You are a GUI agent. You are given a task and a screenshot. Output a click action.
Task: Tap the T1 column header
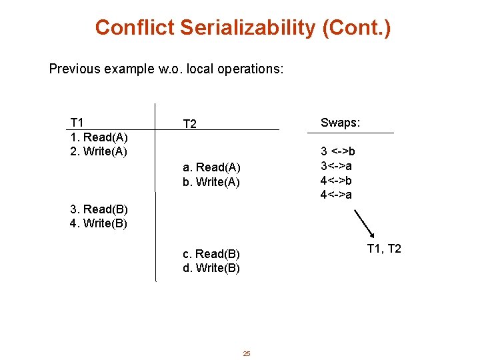(77, 122)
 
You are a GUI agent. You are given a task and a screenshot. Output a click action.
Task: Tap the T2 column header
(189, 124)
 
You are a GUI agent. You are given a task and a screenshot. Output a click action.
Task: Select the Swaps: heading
(340, 122)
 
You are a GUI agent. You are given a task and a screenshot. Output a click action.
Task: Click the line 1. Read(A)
(99, 136)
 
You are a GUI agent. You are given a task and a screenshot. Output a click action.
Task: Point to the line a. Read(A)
(211, 167)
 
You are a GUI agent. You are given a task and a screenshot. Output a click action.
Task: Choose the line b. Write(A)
(211, 181)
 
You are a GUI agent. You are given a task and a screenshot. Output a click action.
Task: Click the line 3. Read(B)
(99, 209)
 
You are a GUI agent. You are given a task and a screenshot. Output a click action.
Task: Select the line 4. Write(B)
(99, 223)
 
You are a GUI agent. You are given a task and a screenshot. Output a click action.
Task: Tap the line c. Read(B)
(211, 254)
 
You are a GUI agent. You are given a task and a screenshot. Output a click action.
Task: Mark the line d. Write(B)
(211, 269)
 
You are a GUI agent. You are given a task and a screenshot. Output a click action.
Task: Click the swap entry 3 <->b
(338, 151)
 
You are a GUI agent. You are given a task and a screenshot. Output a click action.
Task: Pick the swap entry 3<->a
(337, 165)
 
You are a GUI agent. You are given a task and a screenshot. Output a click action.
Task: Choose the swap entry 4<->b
(337, 180)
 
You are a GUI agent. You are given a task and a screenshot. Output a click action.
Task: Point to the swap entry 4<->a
(337, 195)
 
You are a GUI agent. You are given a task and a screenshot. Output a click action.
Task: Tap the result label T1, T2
(384, 249)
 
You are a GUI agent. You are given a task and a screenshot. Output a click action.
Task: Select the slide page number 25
(247, 353)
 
